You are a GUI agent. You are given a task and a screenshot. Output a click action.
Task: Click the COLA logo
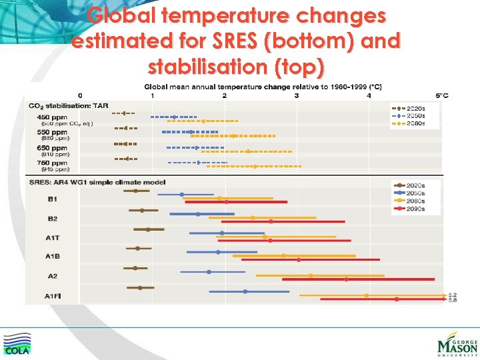(x=17, y=343)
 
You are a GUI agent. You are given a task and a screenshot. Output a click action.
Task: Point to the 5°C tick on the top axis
(x=441, y=95)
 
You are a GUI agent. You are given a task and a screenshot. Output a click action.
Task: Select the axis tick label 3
(x=296, y=95)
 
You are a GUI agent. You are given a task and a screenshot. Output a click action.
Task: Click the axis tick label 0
(x=81, y=95)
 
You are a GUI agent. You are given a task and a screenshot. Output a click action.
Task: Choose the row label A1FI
(x=53, y=295)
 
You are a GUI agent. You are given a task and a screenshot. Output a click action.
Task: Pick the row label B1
(x=52, y=199)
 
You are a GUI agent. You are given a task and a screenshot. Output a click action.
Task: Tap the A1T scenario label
(x=53, y=237)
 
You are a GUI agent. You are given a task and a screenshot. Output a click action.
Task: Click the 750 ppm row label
(x=52, y=163)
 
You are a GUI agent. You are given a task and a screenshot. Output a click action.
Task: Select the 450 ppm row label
(x=52, y=117)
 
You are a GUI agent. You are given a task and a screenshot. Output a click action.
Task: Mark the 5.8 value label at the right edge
(x=453, y=301)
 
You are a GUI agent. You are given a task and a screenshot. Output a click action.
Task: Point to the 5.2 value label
(x=453, y=295)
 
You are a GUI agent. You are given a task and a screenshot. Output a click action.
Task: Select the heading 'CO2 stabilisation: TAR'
(x=68, y=105)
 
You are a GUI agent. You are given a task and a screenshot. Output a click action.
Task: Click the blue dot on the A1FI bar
(x=245, y=291)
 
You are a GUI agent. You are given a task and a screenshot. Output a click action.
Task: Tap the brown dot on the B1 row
(x=135, y=191)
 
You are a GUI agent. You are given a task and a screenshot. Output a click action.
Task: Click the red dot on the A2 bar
(x=346, y=279)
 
